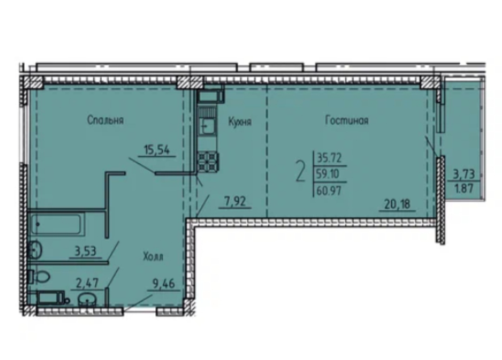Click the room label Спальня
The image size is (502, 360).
pos(106,120)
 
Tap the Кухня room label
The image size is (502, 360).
pos(240,122)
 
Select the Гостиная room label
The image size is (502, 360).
pos(347,120)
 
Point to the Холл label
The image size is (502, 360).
pos(153,256)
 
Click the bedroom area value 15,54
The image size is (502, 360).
pos(157,150)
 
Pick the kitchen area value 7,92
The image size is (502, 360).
pos(235,201)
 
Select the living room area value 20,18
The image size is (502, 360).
pos(397,204)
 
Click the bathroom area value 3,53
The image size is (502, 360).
pos(85,251)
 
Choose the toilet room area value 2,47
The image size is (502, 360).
pos(87,283)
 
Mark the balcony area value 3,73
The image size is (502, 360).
pos(463,174)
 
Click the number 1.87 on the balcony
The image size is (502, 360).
pos(464,188)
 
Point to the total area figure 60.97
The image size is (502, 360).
pos(329,191)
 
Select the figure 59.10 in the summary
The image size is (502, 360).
pos(328,174)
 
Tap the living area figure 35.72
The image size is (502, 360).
pos(329,158)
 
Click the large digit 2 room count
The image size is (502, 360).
pos(300,172)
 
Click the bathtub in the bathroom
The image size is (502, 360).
pos(56,224)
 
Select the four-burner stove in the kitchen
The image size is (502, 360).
pos(207,161)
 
